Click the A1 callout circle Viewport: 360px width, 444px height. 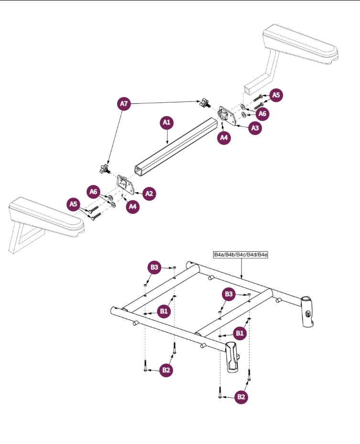coord(166,123)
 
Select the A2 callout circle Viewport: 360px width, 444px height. coord(149,193)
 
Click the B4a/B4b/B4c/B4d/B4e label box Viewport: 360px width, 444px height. coord(240,255)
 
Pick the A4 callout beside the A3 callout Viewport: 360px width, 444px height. coord(224,138)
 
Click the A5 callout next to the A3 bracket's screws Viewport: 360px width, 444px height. coord(275,96)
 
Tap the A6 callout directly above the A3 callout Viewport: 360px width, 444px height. coord(261,114)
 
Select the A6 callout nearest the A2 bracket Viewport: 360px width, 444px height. coord(94,191)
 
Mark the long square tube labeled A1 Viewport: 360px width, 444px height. coord(175,146)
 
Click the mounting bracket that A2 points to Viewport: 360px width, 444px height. coord(125,184)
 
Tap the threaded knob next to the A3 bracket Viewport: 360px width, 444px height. coord(206,102)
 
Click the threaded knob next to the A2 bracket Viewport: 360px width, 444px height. coord(103,169)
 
